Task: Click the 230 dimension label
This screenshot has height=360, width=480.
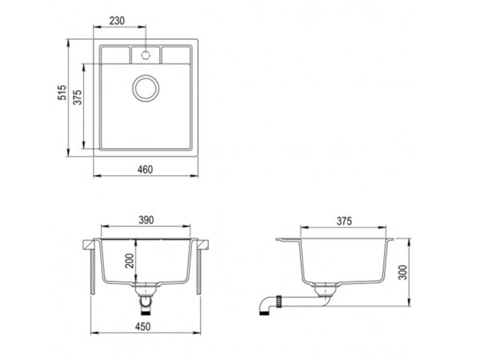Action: coord(117,21)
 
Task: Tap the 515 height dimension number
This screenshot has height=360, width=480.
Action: coord(62,93)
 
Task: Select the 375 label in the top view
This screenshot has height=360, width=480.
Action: coord(78,98)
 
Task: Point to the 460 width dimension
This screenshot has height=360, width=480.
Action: coord(145,170)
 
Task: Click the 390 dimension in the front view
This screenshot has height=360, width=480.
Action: coord(146,220)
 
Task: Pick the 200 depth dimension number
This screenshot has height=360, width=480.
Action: coord(130,261)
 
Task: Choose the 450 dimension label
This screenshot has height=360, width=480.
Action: coord(142,326)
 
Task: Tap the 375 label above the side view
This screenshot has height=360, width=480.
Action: coord(344,221)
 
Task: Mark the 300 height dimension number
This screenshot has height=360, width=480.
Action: coord(403,272)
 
